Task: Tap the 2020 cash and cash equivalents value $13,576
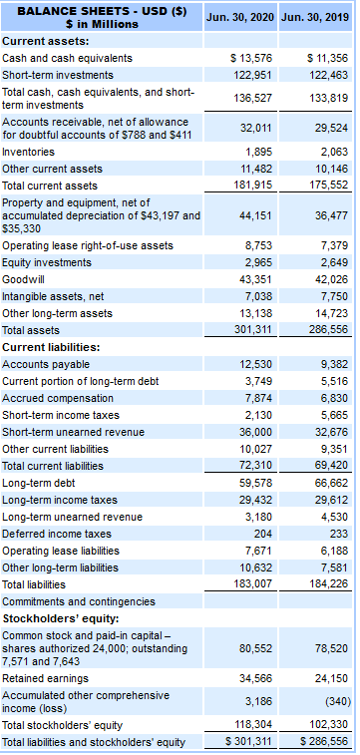coord(251,58)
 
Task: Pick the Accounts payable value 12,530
coord(256,364)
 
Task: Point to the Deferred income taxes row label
coord(56,534)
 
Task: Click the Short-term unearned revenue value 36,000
coord(256,432)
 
